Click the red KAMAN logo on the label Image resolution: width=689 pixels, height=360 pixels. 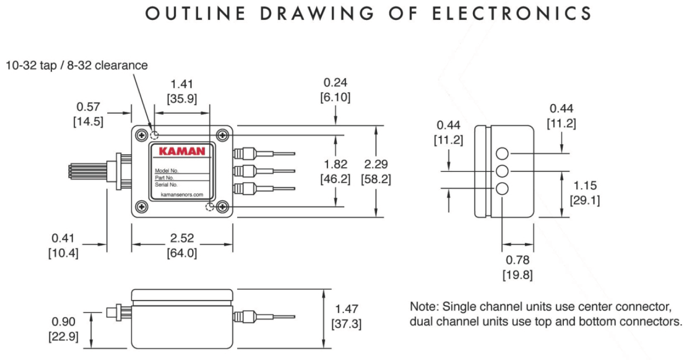click(182, 152)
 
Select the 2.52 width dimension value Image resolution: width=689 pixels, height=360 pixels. click(182, 238)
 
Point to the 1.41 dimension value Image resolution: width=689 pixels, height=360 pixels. click(182, 84)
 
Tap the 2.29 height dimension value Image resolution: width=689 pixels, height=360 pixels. click(376, 165)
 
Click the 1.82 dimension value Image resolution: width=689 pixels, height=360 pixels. click(335, 165)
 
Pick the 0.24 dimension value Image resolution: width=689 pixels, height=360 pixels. click(337, 83)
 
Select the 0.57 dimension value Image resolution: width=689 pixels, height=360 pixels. click(89, 107)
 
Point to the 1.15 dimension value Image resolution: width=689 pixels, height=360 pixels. click(585, 185)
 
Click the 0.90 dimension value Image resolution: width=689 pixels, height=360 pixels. click(63, 322)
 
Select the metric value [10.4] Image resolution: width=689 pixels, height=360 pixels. click(63, 253)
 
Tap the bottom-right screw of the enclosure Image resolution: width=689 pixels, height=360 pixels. click(222, 207)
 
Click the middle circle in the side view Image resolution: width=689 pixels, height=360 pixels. click(502, 171)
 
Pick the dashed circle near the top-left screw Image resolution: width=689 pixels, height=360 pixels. click(154, 135)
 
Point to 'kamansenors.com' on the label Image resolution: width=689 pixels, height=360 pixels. click(182, 195)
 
